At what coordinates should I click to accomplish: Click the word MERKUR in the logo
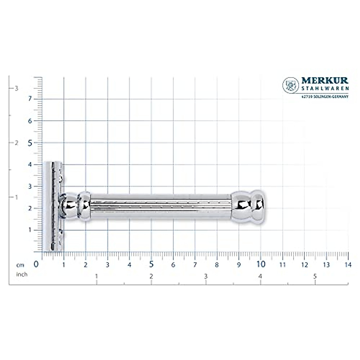pos(325,81)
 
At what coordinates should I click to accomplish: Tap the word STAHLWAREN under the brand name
pos(325,88)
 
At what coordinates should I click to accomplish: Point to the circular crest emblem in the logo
pos(291,85)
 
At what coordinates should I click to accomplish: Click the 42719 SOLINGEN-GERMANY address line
pos(325,97)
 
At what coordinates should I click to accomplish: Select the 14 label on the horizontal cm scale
pos(348,265)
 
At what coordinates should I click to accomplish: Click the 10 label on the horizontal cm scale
pos(261,264)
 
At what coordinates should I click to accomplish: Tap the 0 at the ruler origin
pos(36,264)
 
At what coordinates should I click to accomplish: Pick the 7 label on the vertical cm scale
pos(30,99)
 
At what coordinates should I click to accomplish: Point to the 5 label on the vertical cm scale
pos(30,143)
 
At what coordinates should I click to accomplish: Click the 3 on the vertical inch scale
pos(17,88)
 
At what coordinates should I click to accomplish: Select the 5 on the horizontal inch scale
pos(315,276)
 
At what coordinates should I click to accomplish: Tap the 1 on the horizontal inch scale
pos(96,276)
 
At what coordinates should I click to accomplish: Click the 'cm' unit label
pos(20,265)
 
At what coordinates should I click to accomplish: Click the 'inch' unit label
pos(22,274)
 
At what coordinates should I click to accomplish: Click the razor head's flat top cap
pos(47,206)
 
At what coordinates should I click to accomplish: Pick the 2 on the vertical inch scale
pos(17,143)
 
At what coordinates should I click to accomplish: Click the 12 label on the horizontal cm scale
pos(304,265)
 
